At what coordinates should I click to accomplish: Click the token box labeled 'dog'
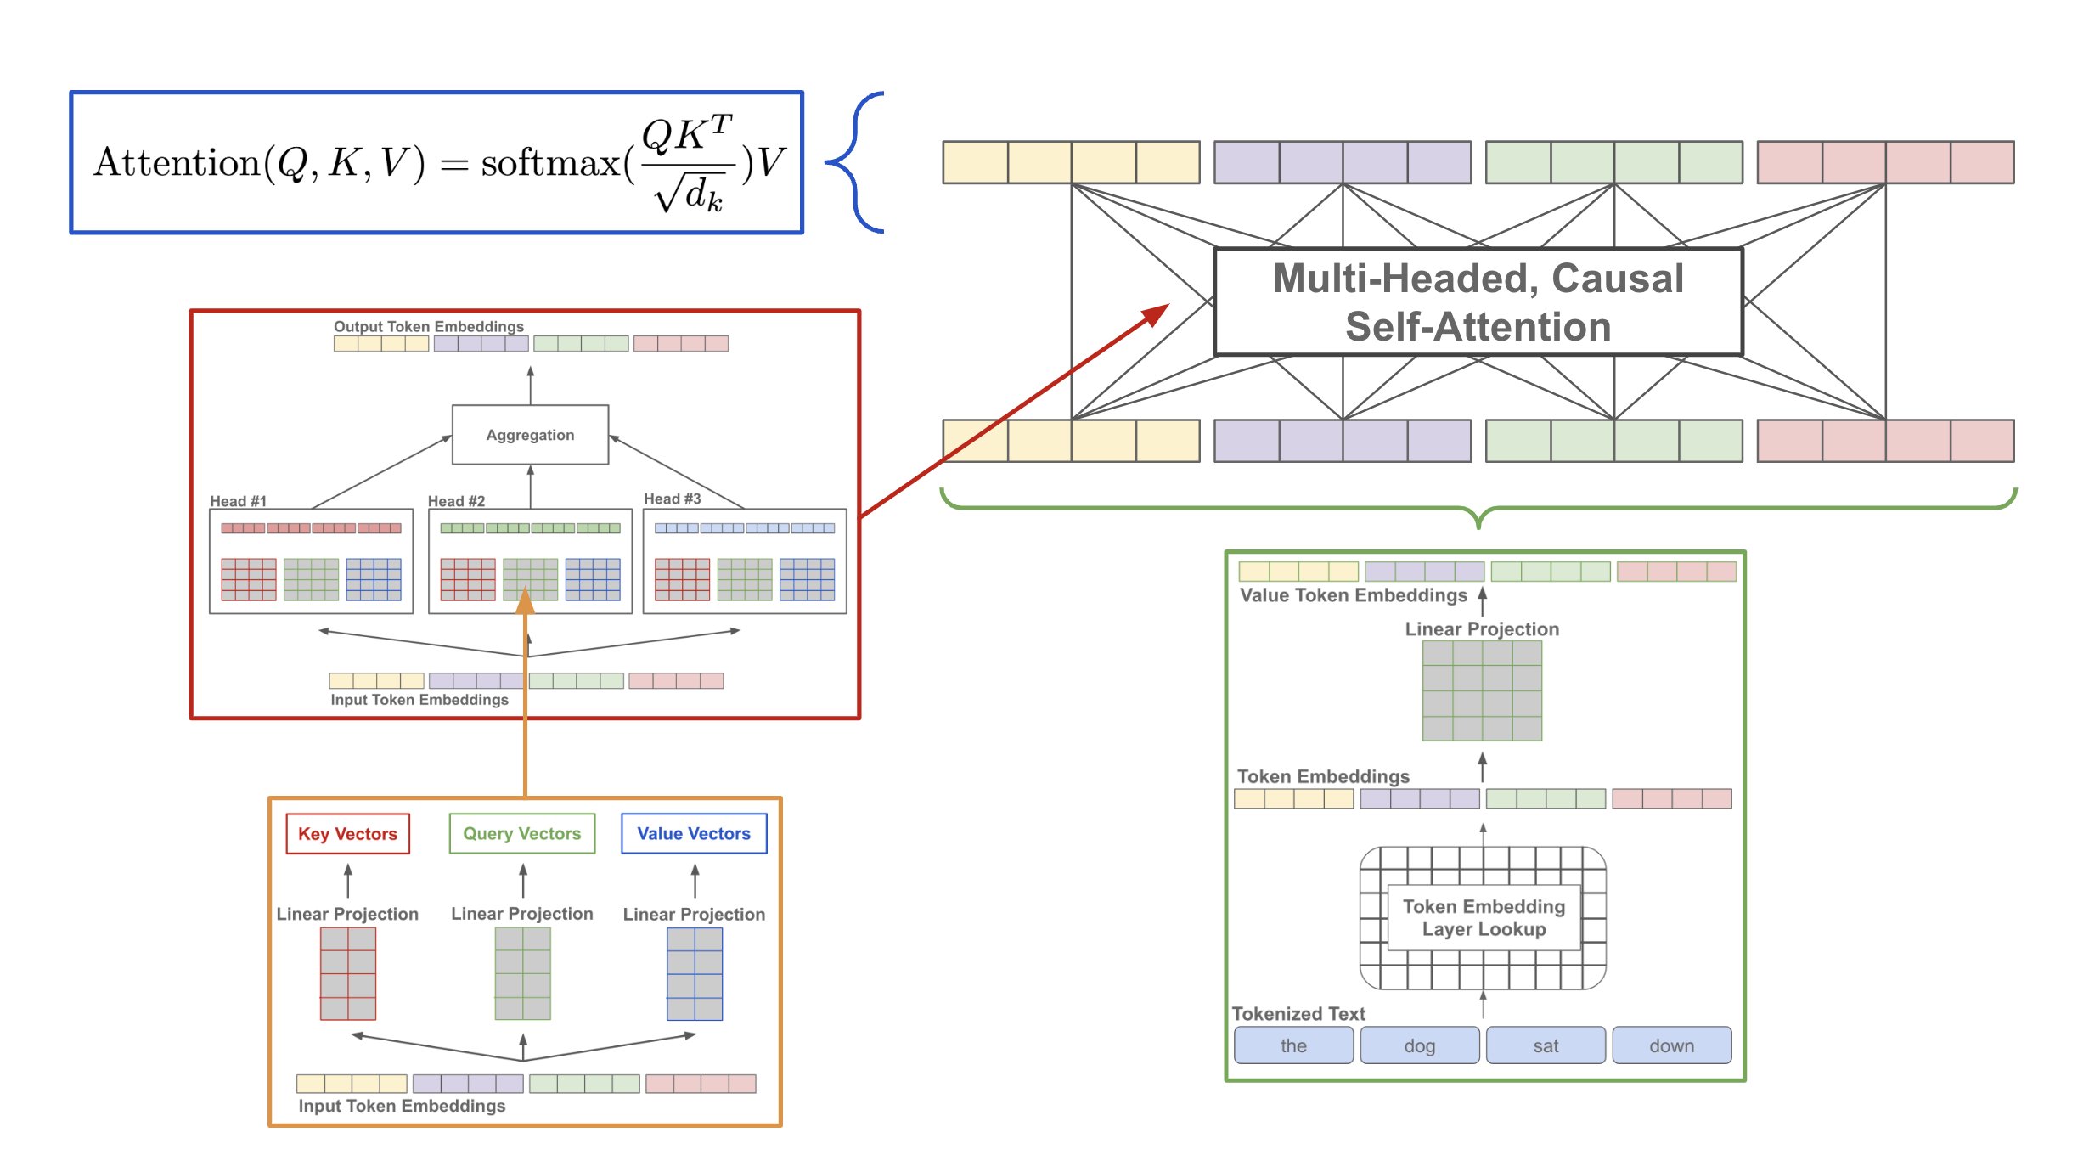coord(1419,1045)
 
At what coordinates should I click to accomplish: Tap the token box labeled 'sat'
coord(1546,1045)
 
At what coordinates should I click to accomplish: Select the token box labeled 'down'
coord(1671,1045)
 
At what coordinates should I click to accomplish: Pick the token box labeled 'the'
coord(1293,1045)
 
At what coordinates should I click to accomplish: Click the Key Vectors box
coord(347,834)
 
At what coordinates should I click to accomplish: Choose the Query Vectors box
coord(521,834)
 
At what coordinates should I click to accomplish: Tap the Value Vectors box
coord(694,834)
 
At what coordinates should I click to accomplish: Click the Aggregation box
coord(530,435)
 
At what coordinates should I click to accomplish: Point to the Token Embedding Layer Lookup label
coord(1484,918)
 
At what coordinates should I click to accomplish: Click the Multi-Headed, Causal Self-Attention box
coord(1478,302)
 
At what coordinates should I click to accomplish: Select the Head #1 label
coord(238,501)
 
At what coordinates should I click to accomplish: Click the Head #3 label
coord(672,499)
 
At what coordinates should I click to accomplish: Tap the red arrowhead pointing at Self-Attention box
coord(1157,313)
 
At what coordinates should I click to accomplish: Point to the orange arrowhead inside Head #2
coord(526,601)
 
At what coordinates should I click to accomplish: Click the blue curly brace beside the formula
coord(853,161)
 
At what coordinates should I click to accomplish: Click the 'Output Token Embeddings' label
coord(428,326)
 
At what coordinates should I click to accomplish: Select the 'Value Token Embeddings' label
coord(1353,595)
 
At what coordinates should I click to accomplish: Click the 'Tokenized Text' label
coord(1298,1013)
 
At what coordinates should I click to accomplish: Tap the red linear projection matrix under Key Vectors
coord(347,973)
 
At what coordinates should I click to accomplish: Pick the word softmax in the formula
coord(550,163)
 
